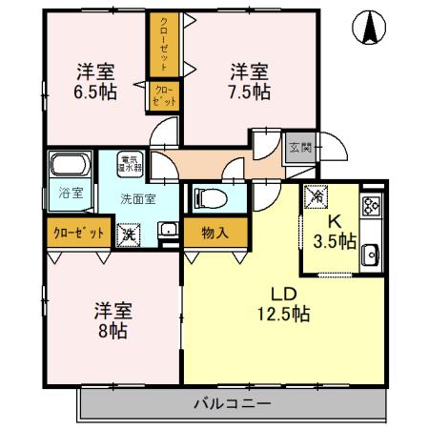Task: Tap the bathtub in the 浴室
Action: pos(71,166)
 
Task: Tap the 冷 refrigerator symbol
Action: pos(316,197)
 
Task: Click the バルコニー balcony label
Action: pos(234,403)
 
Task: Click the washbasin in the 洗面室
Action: pos(167,230)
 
